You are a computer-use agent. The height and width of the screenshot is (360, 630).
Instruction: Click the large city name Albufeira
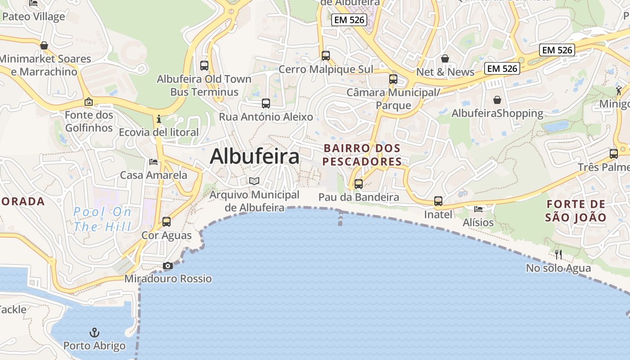[254, 157]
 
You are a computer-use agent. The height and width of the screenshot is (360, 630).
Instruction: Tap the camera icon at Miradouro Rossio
[168, 266]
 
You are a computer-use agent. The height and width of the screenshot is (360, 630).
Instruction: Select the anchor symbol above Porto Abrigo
[94, 333]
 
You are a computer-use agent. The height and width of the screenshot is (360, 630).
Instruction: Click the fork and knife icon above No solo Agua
[558, 255]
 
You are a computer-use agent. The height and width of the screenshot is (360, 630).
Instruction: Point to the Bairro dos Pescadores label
[362, 154]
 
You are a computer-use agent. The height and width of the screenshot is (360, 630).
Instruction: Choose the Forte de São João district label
[576, 211]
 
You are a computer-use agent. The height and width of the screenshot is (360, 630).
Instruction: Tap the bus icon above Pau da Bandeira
[359, 184]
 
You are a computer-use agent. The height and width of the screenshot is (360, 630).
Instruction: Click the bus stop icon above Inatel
[438, 201]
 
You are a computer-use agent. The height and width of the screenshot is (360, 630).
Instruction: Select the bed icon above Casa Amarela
[153, 162]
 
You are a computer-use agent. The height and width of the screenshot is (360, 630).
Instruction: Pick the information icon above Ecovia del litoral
[158, 119]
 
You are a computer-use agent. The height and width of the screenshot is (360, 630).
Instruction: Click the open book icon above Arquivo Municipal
[254, 181]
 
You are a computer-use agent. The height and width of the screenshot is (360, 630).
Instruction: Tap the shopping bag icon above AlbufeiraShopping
[497, 100]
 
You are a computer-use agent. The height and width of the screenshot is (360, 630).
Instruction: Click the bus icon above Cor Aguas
[166, 222]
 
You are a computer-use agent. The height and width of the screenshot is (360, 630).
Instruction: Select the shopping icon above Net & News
[445, 58]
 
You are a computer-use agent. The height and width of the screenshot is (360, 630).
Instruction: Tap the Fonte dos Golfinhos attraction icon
[89, 102]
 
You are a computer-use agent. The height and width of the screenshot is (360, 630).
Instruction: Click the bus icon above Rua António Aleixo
[266, 103]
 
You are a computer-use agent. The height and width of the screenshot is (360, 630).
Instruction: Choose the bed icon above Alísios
[478, 209]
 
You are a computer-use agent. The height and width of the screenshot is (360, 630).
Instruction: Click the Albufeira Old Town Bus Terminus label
[204, 85]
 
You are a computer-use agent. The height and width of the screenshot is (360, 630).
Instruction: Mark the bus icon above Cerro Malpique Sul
[326, 56]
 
